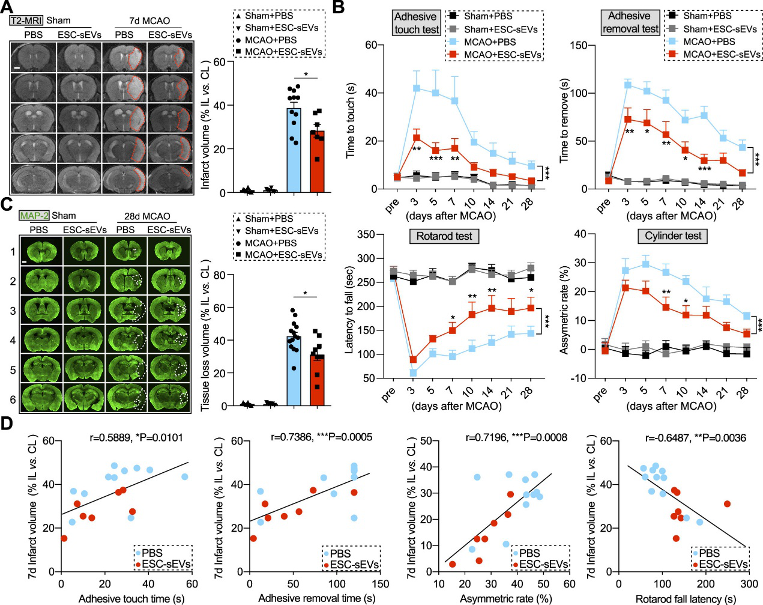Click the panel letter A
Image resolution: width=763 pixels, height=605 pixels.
click(7, 8)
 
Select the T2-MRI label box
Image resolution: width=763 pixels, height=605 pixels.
click(26, 20)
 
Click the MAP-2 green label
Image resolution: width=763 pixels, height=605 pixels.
click(34, 215)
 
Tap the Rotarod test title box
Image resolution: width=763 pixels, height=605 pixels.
click(444, 236)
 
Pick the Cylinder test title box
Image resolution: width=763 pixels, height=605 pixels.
click(672, 236)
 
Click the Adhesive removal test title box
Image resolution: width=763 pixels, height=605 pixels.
click(630, 22)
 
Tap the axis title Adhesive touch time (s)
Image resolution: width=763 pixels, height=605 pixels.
click(131, 598)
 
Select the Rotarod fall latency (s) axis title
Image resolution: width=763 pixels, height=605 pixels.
click(686, 598)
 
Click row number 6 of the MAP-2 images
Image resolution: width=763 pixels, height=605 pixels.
click(13, 399)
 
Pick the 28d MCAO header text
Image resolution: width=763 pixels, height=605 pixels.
click(147, 216)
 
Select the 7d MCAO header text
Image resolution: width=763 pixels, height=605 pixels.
click(149, 21)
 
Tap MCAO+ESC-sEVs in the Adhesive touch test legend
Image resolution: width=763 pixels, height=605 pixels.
click(502, 55)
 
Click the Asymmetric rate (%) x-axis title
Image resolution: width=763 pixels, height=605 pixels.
click(505, 598)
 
